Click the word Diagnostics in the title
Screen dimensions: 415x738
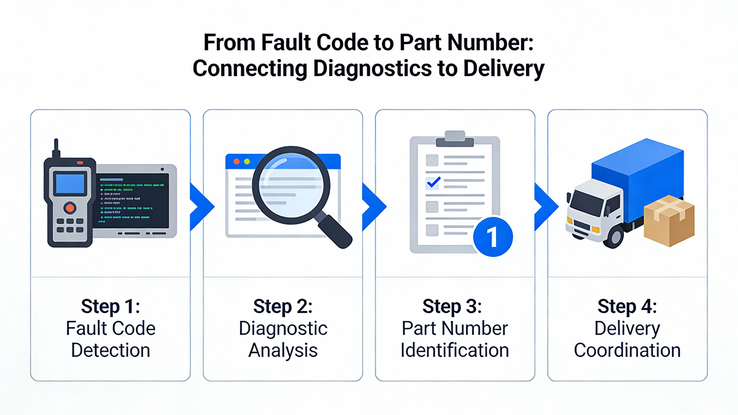[372, 69]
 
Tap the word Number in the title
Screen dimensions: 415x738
[487, 42]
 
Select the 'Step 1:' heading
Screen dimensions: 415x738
[110, 306]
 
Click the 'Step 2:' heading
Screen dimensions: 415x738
[283, 306]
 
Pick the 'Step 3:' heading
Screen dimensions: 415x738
[452, 306]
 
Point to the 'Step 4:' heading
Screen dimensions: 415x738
[627, 306]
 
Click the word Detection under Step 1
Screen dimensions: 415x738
[110, 350]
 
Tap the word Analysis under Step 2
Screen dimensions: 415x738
[283, 350]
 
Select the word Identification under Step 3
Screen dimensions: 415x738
[455, 350]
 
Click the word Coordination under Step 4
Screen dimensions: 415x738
[627, 350]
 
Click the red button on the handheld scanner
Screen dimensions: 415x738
[70, 208]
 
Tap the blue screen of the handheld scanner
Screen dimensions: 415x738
[70, 183]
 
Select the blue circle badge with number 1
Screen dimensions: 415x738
[493, 237]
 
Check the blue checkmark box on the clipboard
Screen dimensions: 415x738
[433, 183]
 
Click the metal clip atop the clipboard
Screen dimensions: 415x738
[455, 139]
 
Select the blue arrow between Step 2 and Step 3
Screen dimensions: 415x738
[374, 206]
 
